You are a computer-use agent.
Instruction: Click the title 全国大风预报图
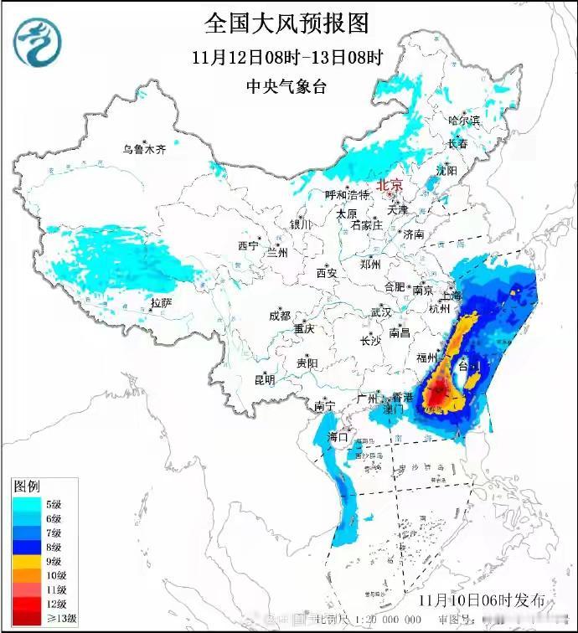point(286,23)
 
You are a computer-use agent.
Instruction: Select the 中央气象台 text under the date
point(286,85)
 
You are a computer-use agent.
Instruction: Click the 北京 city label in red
point(390,185)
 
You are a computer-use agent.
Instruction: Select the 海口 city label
point(338,436)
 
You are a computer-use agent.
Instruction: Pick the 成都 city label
point(280,316)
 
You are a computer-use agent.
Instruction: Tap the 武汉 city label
point(381,312)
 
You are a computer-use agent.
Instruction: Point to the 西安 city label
point(326,273)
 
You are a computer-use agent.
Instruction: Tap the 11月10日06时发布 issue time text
point(481,601)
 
